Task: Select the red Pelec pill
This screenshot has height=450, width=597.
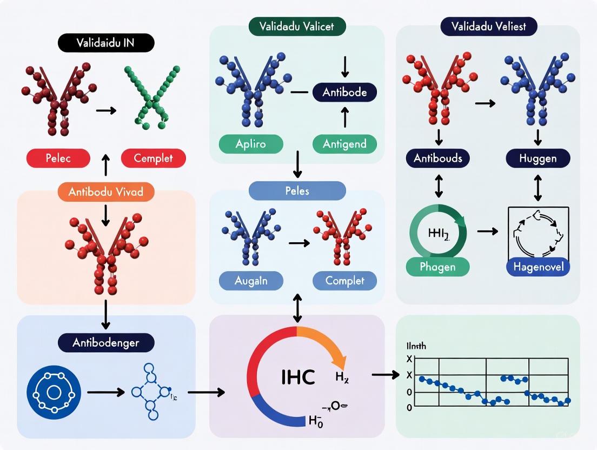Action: click(x=57, y=158)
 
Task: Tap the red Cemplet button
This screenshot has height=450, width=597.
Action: click(x=153, y=158)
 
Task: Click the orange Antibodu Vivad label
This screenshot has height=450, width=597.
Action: click(x=106, y=191)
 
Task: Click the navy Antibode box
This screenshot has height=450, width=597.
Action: click(x=344, y=92)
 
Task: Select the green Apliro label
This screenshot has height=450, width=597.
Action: click(x=251, y=144)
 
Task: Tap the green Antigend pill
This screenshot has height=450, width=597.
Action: click(x=344, y=144)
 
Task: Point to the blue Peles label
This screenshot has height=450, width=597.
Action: click(x=297, y=191)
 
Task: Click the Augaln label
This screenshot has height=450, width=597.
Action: click(x=251, y=280)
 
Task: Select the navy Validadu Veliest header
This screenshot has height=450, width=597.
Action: click(x=488, y=25)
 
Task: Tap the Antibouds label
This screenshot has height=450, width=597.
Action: click(x=438, y=158)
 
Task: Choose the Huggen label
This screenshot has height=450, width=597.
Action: click(x=538, y=158)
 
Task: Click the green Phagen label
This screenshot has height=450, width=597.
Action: click(x=438, y=267)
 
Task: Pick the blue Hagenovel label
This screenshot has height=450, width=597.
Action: click(x=538, y=267)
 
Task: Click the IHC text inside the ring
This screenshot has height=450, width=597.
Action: click(x=298, y=376)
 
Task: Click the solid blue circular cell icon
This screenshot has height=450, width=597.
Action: click(x=54, y=391)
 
